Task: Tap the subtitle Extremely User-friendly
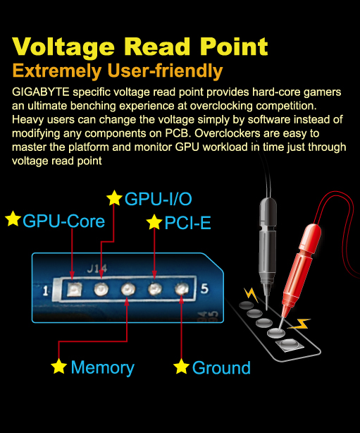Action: pos(118,71)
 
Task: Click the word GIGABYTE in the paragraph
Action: pos(41,92)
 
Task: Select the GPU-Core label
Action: pos(63,221)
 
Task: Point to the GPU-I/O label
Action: pos(159,199)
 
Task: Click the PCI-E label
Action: pos(187,223)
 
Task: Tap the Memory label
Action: pos(103,368)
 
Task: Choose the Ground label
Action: pos(221,368)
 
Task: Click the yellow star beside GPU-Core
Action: pos(13,219)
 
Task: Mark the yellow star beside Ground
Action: pos(181,366)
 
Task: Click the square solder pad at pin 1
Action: pos(75,289)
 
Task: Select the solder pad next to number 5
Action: pos(182,289)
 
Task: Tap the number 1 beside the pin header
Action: pos(46,291)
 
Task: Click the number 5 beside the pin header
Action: pos(204,288)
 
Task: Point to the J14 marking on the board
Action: pos(97,269)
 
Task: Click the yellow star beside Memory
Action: pos(58,366)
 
